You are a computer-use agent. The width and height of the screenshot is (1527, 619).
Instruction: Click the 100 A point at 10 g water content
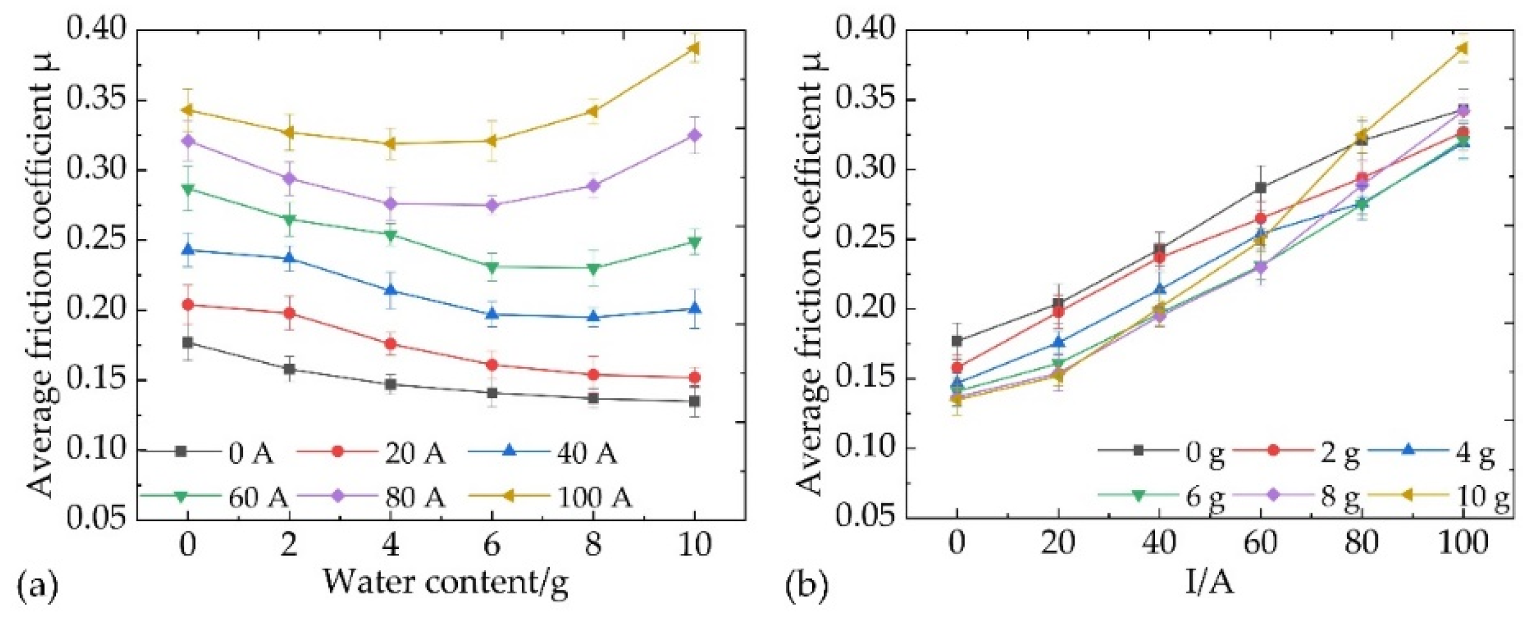[695, 47]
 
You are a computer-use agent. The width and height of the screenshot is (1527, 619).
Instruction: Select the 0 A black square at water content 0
[188, 343]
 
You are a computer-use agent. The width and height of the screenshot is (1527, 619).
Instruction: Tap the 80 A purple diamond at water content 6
[492, 205]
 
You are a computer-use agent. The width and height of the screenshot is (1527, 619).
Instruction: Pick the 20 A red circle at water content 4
[390, 344]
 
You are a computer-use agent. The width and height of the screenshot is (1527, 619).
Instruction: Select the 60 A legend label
[258, 498]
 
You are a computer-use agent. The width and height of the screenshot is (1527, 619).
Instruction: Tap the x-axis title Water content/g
[445, 582]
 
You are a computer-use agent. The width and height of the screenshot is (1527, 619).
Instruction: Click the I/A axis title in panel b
[1209, 582]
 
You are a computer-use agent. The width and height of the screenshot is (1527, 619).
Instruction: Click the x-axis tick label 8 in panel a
[593, 544]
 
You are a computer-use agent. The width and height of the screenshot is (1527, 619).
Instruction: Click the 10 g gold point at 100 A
[1463, 47]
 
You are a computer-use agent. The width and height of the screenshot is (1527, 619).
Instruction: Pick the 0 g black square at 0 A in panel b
[957, 341]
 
